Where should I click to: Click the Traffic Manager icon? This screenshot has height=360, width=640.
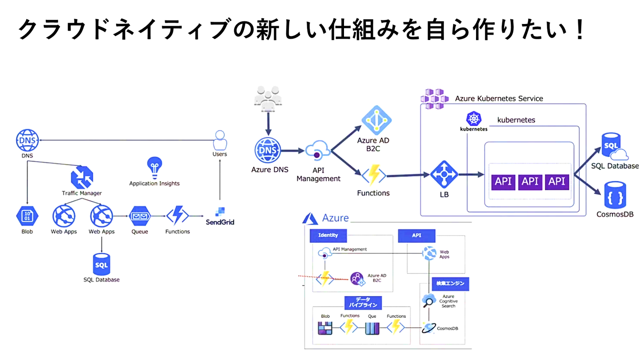coord(82,176)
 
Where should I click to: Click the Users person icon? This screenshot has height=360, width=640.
coord(220,140)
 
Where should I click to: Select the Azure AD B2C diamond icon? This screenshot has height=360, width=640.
coord(376,120)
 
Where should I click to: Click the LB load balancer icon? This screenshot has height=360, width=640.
coord(444,175)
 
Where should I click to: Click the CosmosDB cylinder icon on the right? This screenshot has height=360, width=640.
coord(615,195)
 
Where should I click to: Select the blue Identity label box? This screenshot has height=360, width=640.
coord(328,235)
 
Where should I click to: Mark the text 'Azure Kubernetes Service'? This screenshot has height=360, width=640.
coord(499,98)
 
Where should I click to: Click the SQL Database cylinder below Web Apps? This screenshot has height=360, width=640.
coord(101,265)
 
